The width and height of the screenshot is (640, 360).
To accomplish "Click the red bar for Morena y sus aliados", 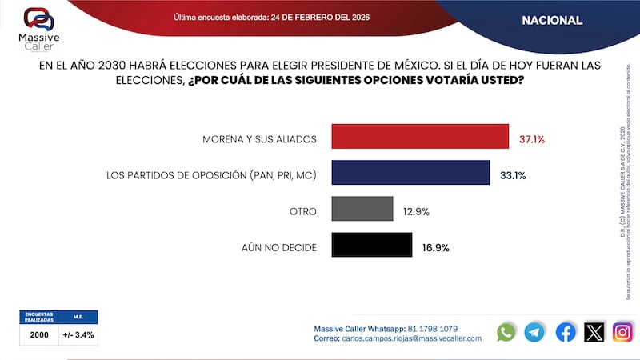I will [420, 137].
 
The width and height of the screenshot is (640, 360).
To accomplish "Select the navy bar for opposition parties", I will [410, 173].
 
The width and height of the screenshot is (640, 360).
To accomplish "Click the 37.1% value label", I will [532, 139].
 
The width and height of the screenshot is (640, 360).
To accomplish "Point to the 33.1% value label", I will [513, 175].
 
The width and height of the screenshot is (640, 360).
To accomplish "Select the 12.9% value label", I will [416, 212].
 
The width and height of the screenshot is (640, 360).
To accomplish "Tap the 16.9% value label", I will [436, 248].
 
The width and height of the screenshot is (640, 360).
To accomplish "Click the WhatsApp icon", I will [506, 332].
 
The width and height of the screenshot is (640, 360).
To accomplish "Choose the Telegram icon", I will [534, 332].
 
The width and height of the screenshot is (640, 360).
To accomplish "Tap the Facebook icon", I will [566, 332].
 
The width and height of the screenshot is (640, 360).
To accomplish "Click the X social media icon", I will [594, 332].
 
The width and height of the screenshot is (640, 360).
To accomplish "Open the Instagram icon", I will [622, 332].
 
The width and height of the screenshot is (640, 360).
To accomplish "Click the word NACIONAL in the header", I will [552, 20].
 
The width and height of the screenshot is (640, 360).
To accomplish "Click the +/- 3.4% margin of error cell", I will [78, 334].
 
